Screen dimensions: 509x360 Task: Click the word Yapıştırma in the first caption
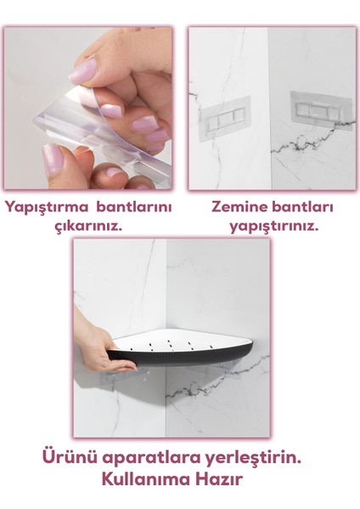tap(48, 207)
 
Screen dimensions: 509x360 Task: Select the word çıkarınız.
tap(87, 227)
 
